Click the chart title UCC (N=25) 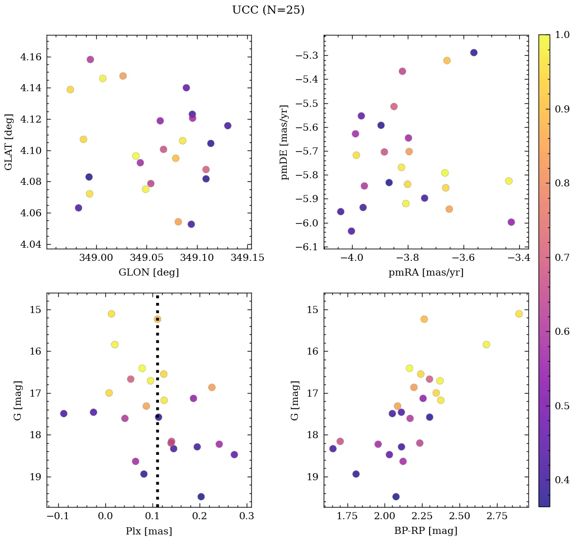click(268, 10)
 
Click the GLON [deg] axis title click(148, 272)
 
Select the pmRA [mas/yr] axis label click(426, 272)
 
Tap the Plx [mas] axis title click(148, 531)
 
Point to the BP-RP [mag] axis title click(426, 531)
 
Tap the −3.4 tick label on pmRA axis click(518, 258)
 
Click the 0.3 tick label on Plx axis click(247, 517)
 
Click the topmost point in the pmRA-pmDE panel click(474, 53)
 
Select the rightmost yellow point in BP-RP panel click(519, 314)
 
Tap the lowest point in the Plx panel click(201, 496)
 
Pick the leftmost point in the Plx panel click(64, 413)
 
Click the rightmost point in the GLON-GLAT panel click(227, 126)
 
